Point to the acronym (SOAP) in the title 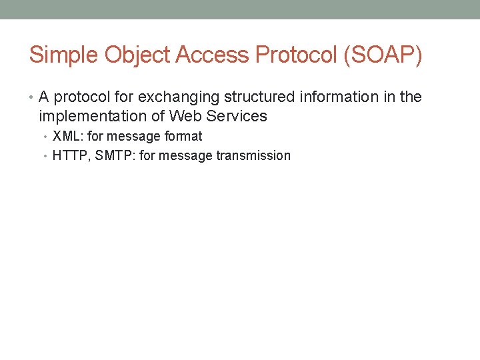coord(383,55)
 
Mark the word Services coord(237,117)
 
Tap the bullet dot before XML coord(47,137)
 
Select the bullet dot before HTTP coord(47,157)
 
